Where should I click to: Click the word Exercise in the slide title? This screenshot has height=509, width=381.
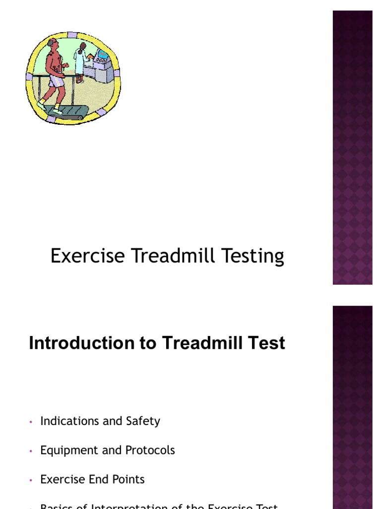88,256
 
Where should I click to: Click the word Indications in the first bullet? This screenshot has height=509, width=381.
69,421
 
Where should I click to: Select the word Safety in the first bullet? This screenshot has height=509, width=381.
143,421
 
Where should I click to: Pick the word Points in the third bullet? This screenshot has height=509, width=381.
128,480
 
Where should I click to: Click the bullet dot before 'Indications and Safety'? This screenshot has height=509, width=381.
31,422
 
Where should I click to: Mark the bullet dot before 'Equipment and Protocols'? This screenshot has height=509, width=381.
31,451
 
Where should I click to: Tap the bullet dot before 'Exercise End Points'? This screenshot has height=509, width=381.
31,481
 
